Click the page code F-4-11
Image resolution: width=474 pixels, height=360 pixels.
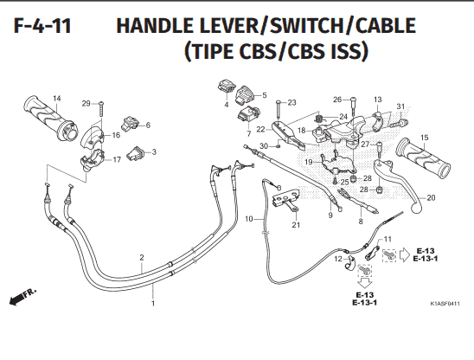tap(42, 26)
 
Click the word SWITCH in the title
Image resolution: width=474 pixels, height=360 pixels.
tap(306, 25)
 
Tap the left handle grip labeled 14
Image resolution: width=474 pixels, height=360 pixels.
tap(50, 119)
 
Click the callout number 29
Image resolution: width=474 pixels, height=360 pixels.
tap(86, 104)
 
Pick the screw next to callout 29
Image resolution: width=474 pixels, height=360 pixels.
tap(101, 110)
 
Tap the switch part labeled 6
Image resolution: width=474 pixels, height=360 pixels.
tap(131, 123)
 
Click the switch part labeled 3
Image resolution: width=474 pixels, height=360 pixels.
tap(136, 153)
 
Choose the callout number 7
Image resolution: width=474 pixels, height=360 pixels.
tap(249, 134)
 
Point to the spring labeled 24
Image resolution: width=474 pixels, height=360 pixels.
tap(318, 117)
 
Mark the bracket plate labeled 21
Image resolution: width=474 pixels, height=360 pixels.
tap(286, 199)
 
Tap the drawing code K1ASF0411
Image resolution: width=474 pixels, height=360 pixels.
tap(445, 304)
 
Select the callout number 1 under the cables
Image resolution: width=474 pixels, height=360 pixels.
tap(153, 303)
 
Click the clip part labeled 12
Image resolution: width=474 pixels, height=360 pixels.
tap(350, 263)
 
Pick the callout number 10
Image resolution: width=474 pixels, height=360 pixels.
tap(249, 218)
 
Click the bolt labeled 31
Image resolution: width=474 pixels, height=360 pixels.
tap(400, 123)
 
